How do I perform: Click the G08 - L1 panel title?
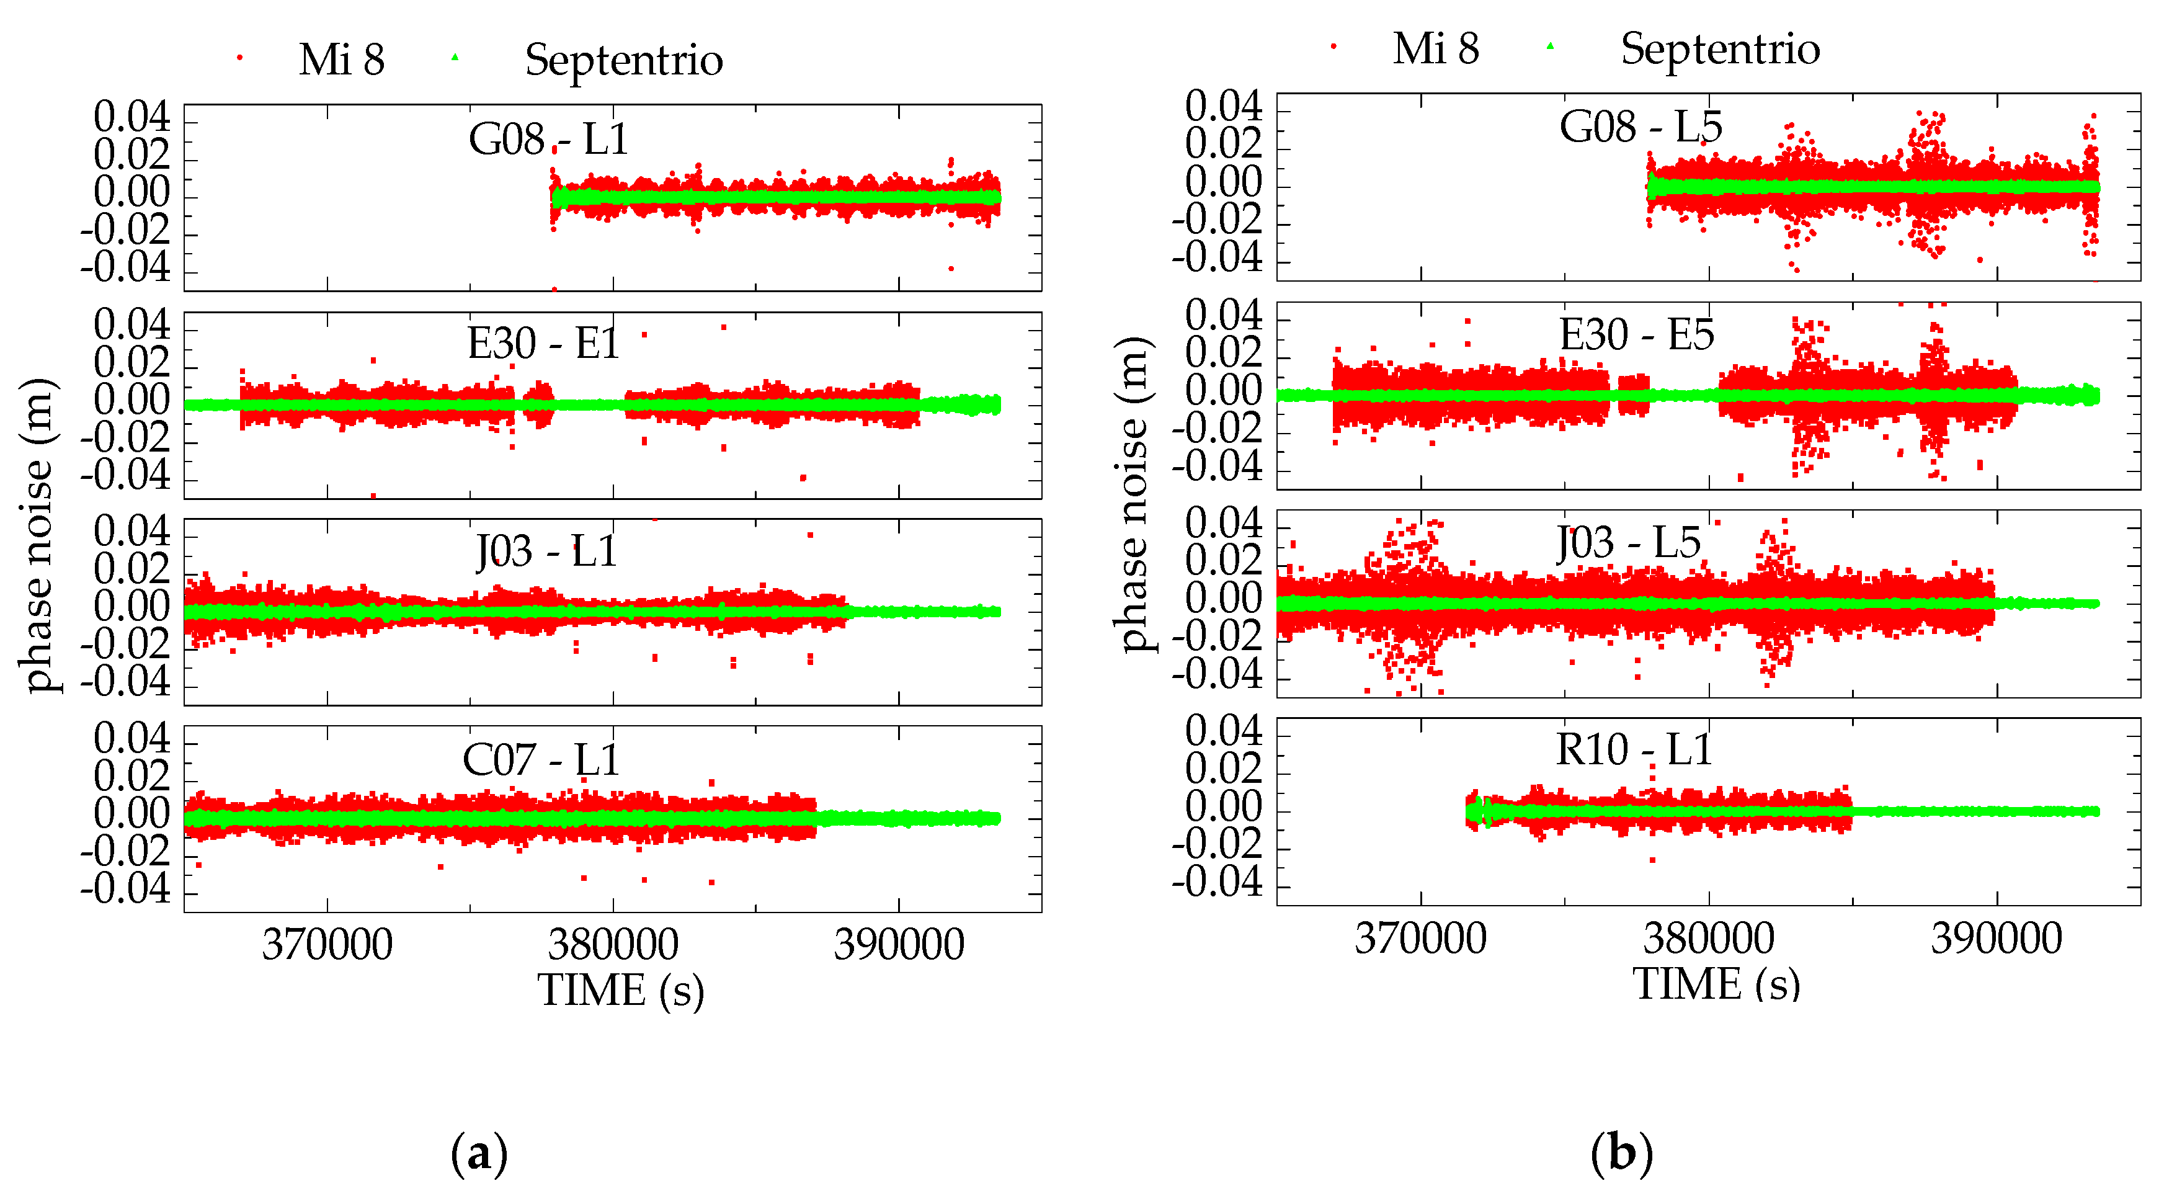tap(548, 140)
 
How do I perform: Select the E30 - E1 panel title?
tap(543, 343)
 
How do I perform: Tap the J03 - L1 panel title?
tap(546, 551)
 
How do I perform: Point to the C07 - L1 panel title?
tap(541, 759)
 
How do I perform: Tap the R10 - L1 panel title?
tap(1634, 750)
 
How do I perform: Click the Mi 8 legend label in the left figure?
tap(341, 60)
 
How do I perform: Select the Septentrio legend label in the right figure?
tap(1720, 48)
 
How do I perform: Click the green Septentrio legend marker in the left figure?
tap(455, 58)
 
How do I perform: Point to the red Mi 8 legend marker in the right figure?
tap(1333, 47)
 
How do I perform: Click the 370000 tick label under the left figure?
tap(327, 944)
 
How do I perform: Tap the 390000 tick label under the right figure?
tap(1996, 938)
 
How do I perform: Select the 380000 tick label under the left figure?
tap(613, 944)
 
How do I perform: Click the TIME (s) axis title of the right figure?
tap(1716, 984)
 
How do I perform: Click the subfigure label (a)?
tap(479, 1153)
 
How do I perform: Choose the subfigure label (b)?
tap(1621, 1153)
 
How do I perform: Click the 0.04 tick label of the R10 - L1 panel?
tap(1223, 730)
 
